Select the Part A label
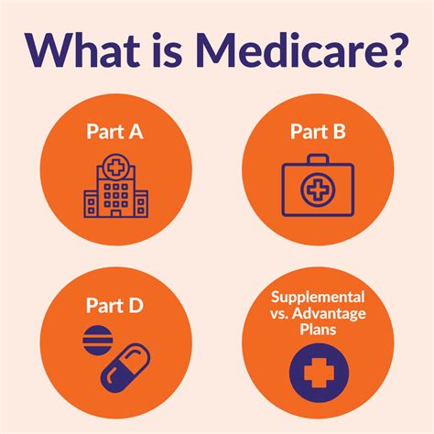click(114, 132)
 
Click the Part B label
click(318, 132)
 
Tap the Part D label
click(114, 305)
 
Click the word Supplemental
click(318, 297)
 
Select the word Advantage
click(329, 314)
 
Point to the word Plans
click(318, 330)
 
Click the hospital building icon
click(116, 186)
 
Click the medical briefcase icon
click(318, 185)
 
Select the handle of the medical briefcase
click(318, 158)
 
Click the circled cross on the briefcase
click(318, 190)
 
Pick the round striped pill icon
click(98, 341)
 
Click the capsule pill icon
click(125, 368)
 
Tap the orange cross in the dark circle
click(319, 373)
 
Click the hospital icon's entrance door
click(115, 213)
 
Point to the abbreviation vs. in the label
click(279, 314)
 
